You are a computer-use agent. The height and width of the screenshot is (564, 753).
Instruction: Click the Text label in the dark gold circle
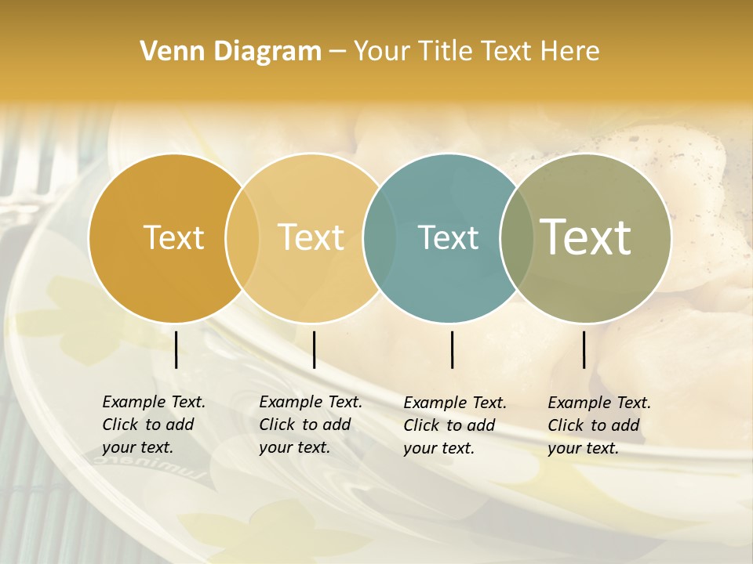click(x=173, y=237)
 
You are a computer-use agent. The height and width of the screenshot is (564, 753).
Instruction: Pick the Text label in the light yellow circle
click(x=311, y=237)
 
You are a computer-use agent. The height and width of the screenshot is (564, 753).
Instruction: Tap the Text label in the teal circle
click(x=448, y=237)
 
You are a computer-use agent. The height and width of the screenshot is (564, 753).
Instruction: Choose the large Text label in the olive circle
click(x=586, y=237)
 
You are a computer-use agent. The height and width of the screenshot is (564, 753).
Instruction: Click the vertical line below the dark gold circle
click(x=176, y=349)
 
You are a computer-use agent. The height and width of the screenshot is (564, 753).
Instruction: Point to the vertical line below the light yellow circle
click(x=314, y=349)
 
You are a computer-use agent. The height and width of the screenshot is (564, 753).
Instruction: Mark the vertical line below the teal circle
click(x=453, y=349)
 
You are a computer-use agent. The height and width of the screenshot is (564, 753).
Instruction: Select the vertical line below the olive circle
click(x=584, y=349)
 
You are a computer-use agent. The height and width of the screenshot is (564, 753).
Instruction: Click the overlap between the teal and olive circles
click(x=516, y=238)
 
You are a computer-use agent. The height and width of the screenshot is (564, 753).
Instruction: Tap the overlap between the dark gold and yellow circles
click(x=242, y=238)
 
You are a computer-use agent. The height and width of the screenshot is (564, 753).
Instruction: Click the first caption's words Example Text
click(x=154, y=402)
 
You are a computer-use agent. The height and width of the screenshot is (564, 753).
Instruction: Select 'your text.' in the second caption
click(x=294, y=447)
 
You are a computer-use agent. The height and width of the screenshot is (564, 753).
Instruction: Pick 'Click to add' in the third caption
click(x=449, y=425)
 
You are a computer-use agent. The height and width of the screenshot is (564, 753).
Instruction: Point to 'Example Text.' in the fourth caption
click(x=599, y=403)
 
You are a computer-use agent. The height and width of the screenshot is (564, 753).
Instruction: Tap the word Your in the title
click(x=382, y=51)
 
